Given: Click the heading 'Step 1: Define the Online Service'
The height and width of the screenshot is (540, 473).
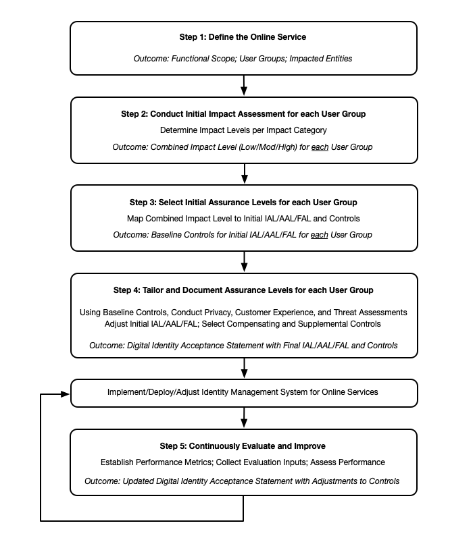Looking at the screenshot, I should point(243,37).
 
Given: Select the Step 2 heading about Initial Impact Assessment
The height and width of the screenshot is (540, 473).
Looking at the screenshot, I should point(243,114).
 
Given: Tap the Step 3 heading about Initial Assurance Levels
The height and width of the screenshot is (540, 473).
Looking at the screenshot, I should point(243,202).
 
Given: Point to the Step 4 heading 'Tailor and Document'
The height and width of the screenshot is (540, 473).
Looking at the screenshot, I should point(243,290).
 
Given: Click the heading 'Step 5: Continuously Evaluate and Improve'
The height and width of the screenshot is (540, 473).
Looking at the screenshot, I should point(243,446).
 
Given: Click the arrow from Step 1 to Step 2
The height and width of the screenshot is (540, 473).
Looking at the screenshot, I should point(244,86).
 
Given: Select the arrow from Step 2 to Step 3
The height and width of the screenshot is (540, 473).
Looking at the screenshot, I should point(244,173).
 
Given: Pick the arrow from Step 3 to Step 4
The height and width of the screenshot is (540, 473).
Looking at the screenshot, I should point(244,262).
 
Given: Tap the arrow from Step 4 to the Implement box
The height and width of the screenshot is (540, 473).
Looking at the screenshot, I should point(244,369).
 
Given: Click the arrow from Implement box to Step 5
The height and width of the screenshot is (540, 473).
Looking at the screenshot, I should point(244,418).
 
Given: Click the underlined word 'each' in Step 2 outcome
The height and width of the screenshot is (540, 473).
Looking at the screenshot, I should point(319,147).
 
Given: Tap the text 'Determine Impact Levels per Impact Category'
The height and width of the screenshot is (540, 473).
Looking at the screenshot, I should point(243,130).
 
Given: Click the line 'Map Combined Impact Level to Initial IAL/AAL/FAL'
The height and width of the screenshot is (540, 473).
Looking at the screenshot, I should point(243,219).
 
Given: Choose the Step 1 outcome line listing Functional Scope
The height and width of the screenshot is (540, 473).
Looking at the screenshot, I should point(243,59).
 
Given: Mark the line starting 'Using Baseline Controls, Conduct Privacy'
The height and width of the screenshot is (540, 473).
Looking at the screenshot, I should point(243,313).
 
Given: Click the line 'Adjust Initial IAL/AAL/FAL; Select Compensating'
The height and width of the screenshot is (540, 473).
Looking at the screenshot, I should point(243,324).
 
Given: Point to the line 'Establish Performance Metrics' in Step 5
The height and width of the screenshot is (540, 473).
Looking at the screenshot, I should point(243,462).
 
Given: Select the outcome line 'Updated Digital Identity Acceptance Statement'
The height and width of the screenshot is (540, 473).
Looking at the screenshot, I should point(243,481).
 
